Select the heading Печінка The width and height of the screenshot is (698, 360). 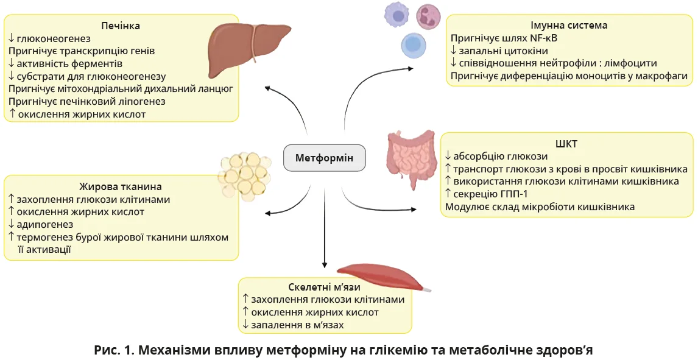click(x=121, y=26)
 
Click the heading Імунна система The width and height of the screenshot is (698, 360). click(x=569, y=26)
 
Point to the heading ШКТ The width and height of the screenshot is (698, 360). click(x=566, y=144)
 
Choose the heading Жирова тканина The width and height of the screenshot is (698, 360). click(x=121, y=186)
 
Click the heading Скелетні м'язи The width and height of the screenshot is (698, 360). click(x=325, y=287)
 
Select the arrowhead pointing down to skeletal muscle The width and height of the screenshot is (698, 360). click(x=325, y=265)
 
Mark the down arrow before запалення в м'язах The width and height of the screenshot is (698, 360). click(x=245, y=325)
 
